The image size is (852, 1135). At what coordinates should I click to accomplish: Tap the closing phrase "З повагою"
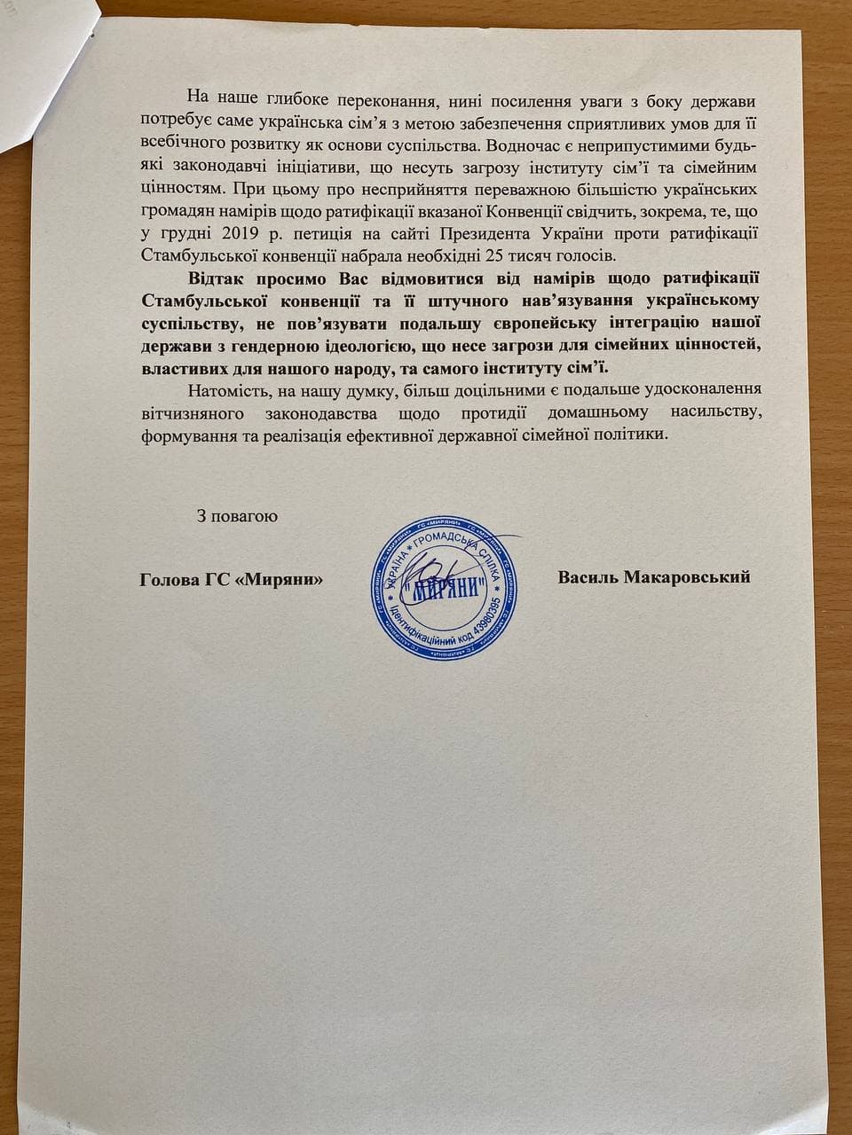click(x=238, y=516)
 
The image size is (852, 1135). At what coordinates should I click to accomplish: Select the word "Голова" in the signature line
click(x=169, y=578)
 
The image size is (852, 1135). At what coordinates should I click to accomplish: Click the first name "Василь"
click(x=589, y=577)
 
